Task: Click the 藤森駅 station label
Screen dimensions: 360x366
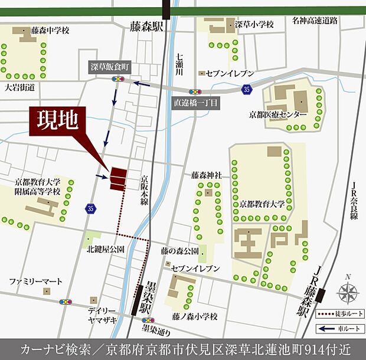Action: (146, 27)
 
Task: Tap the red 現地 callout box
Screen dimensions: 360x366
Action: (57, 123)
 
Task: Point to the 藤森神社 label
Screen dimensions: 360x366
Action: (206, 175)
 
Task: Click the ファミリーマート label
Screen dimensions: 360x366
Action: (35, 282)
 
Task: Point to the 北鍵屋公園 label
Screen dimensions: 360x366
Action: (105, 250)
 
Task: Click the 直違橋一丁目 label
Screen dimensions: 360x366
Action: (196, 102)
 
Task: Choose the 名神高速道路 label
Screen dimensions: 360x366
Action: (315, 21)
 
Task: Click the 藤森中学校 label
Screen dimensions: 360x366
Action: (51, 29)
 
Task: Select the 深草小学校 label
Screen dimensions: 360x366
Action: (254, 25)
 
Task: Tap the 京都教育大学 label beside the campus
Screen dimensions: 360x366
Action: (262, 204)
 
